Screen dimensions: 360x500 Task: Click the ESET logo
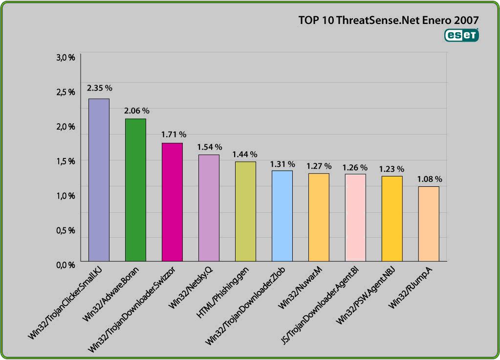[461, 35]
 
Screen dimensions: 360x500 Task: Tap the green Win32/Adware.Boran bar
[135, 190]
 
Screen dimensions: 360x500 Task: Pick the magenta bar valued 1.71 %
[172, 202]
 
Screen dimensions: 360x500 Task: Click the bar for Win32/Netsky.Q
[209, 208]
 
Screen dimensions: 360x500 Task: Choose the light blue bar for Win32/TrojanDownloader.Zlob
[282, 216]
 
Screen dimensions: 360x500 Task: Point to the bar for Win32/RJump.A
[429, 224]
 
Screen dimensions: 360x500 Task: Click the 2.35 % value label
[100, 88]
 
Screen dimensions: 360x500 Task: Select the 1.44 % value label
[245, 155]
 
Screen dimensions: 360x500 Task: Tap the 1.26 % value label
[355, 167]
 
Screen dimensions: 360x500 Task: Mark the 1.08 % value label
[430, 179]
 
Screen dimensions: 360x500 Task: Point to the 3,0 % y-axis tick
[65, 57]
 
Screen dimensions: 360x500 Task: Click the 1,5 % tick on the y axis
[65, 161]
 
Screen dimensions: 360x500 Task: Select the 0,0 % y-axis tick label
[65, 265]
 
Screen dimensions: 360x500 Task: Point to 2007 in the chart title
[465, 20]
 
